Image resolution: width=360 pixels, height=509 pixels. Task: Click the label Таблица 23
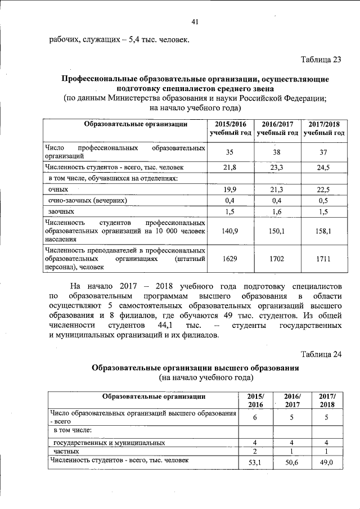321,60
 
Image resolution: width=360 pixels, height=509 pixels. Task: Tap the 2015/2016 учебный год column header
230,128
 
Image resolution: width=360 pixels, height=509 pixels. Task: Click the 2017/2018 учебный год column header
323,128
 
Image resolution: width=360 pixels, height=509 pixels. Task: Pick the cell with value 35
229,152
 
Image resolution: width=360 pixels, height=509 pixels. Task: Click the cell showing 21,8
229,168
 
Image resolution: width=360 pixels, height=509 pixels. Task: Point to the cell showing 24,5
323,168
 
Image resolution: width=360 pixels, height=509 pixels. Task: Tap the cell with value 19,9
229,190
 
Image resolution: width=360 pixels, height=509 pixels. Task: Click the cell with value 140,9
229,231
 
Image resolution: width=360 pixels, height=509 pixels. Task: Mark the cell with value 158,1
323,231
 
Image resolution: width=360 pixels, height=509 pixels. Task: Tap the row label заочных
61,211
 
